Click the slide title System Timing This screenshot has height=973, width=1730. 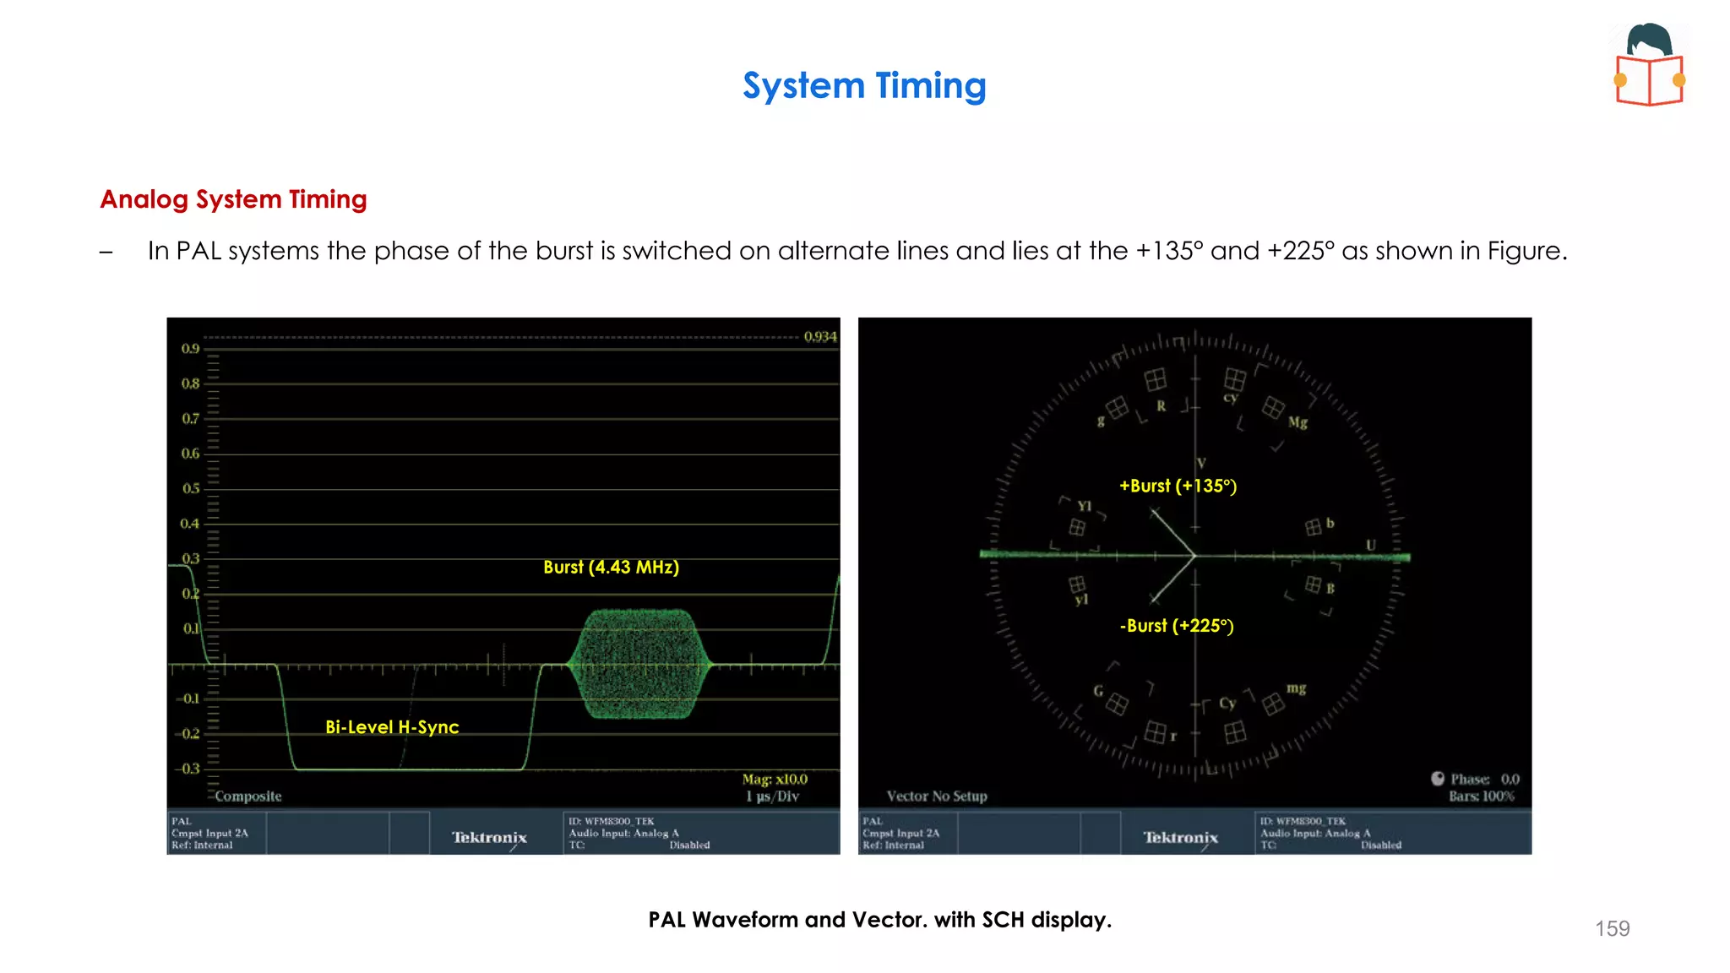(864, 86)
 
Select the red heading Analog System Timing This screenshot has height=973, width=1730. (233, 199)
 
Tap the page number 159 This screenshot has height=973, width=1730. (1612, 928)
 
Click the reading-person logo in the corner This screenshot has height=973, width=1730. (1650, 65)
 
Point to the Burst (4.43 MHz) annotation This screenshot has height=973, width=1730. (611, 568)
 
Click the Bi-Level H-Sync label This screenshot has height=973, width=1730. (392, 727)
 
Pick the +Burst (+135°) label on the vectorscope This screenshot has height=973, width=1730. (1178, 486)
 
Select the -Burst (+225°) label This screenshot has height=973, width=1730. (1177, 626)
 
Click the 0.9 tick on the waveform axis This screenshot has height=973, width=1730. (190, 349)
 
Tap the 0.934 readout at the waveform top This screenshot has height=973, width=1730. (819, 337)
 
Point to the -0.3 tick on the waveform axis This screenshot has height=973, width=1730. (188, 769)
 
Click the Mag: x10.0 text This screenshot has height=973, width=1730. (775, 780)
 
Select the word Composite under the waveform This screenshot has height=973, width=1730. (248, 796)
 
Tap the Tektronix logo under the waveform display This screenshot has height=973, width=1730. (489, 838)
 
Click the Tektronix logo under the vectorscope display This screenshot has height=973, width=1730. (1180, 838)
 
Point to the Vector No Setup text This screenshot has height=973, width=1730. (937, 796)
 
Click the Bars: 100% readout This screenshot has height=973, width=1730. (1482, 796)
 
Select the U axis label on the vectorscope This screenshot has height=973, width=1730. (1371, 546)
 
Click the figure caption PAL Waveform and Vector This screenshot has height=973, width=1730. (879, 920)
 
